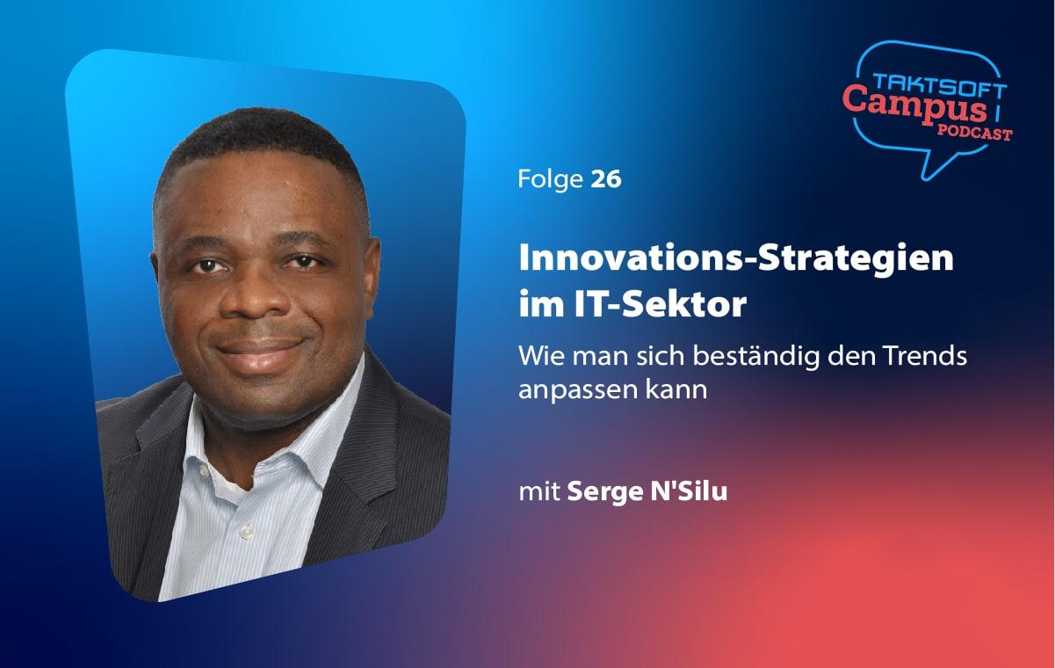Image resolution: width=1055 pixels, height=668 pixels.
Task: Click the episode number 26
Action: [x=606, y=179]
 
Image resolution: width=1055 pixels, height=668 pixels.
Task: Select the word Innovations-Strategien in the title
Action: [x=735, y=258]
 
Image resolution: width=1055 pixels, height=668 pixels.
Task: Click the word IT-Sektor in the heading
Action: [x=660, y=304]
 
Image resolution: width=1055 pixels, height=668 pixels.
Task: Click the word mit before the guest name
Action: [x=539, y=491]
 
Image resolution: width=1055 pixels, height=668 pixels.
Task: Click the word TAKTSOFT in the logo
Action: [x=940, y=85]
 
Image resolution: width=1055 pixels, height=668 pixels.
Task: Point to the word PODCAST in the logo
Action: [x=974, y=133]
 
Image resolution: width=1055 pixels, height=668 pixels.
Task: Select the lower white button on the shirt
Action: [x=246, y=532]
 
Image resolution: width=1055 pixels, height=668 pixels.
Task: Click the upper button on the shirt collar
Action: [x=204, y=470]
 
